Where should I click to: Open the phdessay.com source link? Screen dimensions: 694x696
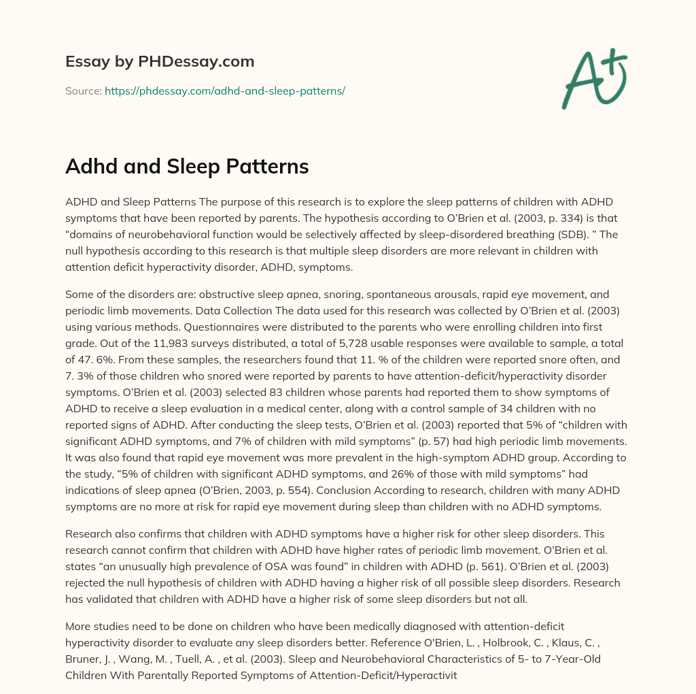tap(224, 90)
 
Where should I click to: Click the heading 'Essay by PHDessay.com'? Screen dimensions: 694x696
tap(160, 61)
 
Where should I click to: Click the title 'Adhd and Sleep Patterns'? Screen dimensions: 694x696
tap(187, 166)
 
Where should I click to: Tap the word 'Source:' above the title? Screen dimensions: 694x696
tap(83, 90)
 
